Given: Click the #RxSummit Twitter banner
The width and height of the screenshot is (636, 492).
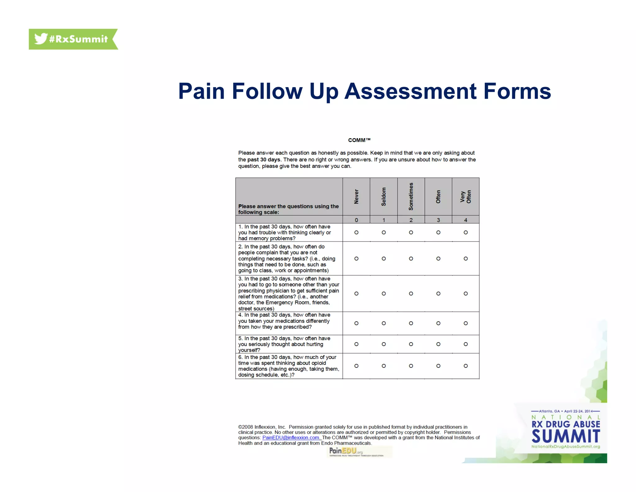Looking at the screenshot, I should tap(73, 39).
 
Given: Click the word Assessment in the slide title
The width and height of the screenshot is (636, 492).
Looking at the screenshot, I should tap(411, 91).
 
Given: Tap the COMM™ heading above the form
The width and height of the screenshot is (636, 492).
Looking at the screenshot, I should tap(359, 140).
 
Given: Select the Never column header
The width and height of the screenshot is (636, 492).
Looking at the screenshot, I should tap(356, 197).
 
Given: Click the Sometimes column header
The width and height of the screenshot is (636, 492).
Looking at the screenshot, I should tap(411, 197).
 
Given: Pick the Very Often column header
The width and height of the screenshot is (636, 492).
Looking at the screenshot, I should tap(466, 197).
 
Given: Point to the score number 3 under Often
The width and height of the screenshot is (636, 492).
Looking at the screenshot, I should tap(438, 220).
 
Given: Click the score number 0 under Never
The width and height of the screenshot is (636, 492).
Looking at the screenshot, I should tap(356, 220).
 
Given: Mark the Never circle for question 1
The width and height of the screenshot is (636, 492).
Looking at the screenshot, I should tap(356, 232).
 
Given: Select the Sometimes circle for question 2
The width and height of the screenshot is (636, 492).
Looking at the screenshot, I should tap(411, 258).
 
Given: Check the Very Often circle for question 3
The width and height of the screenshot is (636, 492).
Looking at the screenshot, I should tap(466, 293).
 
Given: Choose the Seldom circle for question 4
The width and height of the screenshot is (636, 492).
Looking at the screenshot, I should tap(384, 323).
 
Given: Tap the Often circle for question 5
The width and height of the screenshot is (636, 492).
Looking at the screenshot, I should tap(438, 344).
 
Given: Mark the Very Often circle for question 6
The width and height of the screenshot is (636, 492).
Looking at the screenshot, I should tap(466, 366).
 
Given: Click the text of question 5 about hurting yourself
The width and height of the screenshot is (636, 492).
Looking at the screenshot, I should tap(284, 344).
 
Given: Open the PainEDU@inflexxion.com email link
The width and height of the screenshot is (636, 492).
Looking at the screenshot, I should tap(291, 438).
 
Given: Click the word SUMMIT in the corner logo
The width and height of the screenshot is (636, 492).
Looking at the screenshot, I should tap(566, 436).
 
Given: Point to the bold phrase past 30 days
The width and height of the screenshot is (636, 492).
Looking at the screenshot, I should tap(264, 160).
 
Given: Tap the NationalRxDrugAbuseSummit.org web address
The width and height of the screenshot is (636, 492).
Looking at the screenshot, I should tap(566, 447).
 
